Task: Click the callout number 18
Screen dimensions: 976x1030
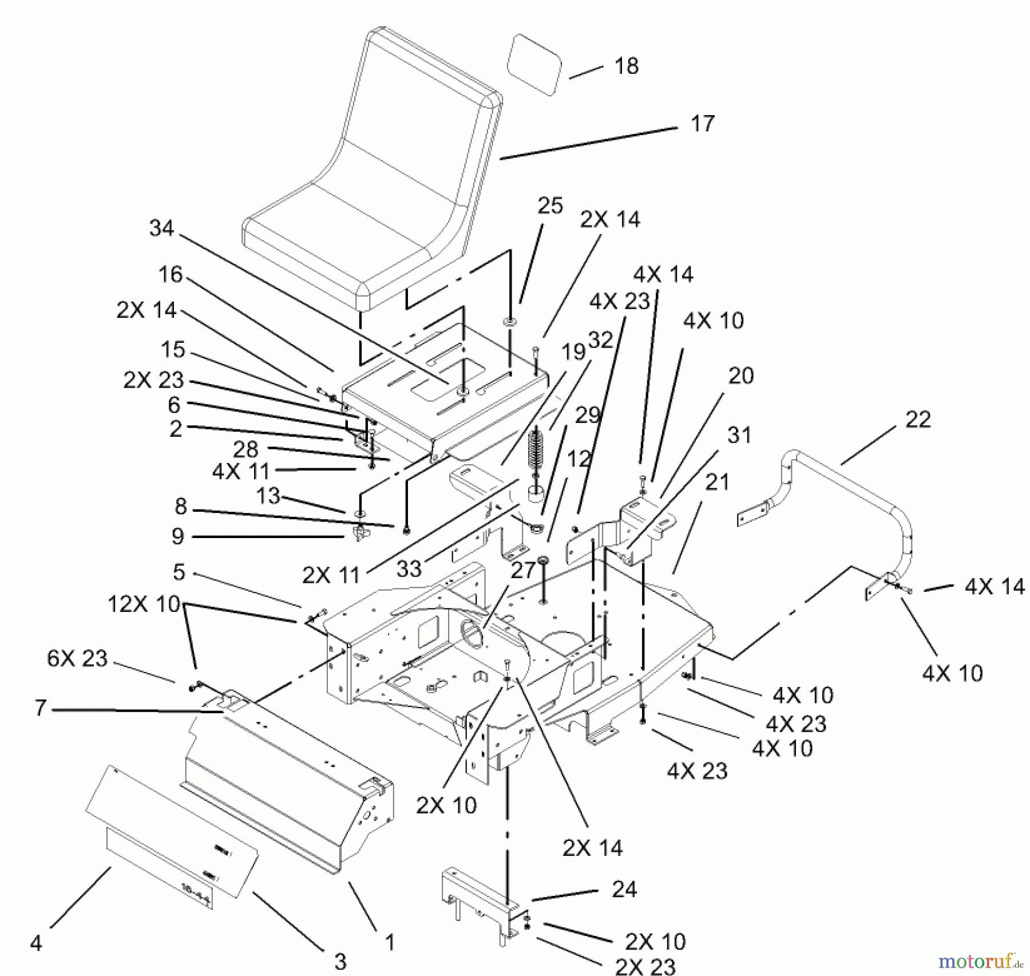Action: [626, 66]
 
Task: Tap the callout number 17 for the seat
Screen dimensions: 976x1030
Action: [702, 124]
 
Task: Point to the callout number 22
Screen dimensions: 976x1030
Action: [918, 420]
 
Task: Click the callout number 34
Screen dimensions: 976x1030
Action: [161, 228]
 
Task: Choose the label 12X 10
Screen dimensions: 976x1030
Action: [144, 604]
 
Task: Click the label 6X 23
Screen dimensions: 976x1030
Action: [77, 658]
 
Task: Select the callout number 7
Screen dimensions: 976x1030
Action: [40, 708]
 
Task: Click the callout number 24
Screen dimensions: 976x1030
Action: [624, 890]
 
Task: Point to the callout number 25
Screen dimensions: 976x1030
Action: [550, 206]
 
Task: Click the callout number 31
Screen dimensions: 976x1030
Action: [739, 435]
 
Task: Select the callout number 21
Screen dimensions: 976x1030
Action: [717, 483]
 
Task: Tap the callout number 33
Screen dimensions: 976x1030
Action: [409, 569]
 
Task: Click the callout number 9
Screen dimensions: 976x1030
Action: [177, 536]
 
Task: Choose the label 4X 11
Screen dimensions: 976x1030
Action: [240, 471]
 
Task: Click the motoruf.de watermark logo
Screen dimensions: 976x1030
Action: [981, 959]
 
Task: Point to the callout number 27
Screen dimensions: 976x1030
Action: [522, 570]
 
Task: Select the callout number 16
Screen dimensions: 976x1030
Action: [170, 275]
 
